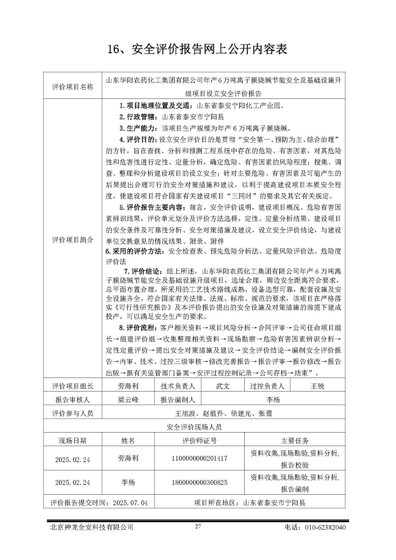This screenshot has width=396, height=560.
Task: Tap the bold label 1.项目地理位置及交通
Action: coord(156,106)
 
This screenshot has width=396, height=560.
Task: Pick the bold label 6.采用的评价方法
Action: coord(134,252)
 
